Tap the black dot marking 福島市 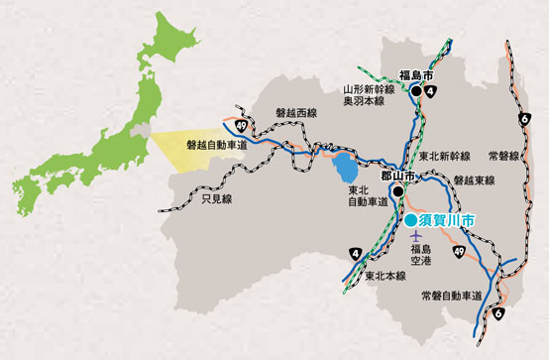(417, 91)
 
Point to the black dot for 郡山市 (396, 190)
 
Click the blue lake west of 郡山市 (342, 163)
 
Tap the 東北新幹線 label (443, 157)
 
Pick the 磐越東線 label (474, 180)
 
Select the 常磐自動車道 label (451, 296)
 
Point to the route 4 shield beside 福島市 (431, 94)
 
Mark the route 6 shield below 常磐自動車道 (496, 313)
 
